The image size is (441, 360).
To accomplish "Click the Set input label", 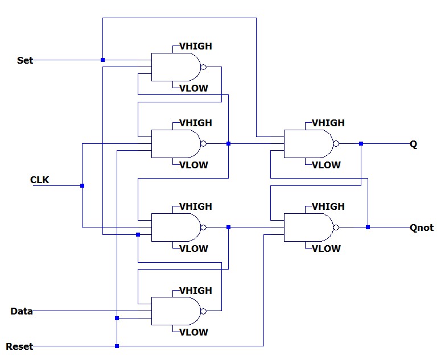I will (x=25, y=60).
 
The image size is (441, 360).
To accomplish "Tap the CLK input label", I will (x=39, y=180).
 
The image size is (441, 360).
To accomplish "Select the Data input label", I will (x=22, y=311).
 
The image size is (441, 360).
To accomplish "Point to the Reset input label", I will (x=19, y=346).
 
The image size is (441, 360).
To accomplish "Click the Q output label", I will (x=414, y=144).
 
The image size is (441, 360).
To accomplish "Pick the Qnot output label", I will (x=422, y=228).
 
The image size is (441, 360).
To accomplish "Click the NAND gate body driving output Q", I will (x=308, y=144).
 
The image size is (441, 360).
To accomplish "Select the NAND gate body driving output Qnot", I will (x=308, y=227).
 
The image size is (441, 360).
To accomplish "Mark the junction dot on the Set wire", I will (x=102, y=60).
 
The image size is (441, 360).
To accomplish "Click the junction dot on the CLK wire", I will (x=83, y=185).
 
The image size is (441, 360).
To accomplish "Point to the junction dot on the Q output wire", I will (x=361, y=144).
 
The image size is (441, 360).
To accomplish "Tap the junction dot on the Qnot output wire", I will (x=368, y=227).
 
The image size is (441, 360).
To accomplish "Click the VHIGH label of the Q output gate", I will (x=328, y=123).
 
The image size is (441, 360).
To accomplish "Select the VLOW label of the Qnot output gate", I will (x=326, y=249).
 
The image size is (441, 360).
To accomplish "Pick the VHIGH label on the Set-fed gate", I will (x=196, y=46).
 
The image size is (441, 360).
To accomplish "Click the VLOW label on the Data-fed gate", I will (x=193, y=332).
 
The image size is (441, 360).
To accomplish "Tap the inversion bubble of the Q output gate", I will (x=336, y=144).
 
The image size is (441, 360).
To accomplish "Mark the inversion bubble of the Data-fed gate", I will (x=203, y=311).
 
